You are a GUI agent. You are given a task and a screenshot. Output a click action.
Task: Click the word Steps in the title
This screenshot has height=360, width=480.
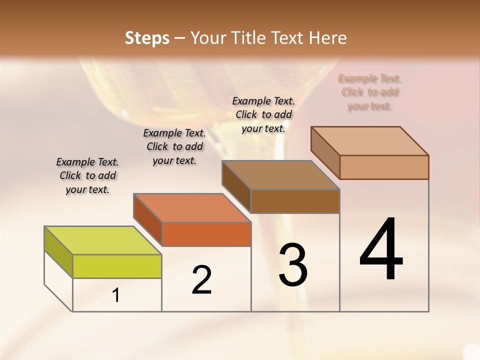[x=147, y=38]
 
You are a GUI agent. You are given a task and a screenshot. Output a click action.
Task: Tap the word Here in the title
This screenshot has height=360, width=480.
[x=328, y=38]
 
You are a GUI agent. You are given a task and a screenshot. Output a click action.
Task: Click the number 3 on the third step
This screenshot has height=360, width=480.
[x=293, y=265]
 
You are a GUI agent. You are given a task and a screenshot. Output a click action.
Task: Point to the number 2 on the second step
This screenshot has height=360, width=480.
[x=202, y=279]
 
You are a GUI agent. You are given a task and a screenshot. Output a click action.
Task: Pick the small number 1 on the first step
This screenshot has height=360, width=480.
[x=116, y=295]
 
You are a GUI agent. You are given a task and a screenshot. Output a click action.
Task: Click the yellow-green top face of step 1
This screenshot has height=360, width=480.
[x=102, y=240]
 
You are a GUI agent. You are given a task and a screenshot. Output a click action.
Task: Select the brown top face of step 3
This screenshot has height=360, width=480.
[x=280, y=175]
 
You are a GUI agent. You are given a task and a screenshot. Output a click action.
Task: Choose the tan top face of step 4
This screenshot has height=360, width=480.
[x=369, y=141]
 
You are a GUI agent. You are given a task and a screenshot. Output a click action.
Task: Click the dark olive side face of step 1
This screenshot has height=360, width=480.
[x=58, y=251]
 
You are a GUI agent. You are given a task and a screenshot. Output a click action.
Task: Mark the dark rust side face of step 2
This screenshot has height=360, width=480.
[x=147, y=218]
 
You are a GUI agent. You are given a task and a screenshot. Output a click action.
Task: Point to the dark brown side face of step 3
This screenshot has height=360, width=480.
[x=236, y=185]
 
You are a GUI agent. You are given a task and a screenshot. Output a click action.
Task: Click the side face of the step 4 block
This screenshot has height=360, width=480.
[x=325, y=151]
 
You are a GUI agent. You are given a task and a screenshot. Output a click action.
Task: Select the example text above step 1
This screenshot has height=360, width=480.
[x=87, y=175]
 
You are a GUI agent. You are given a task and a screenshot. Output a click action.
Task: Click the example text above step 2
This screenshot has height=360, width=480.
[x=174, y=146]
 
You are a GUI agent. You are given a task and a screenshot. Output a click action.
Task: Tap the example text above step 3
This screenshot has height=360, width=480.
[x=263, y=114]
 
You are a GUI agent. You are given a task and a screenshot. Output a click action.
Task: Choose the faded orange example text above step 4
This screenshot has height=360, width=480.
[x=370, y=92]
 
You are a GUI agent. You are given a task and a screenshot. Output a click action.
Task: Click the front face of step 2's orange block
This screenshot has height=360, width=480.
[x=206, y=234]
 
